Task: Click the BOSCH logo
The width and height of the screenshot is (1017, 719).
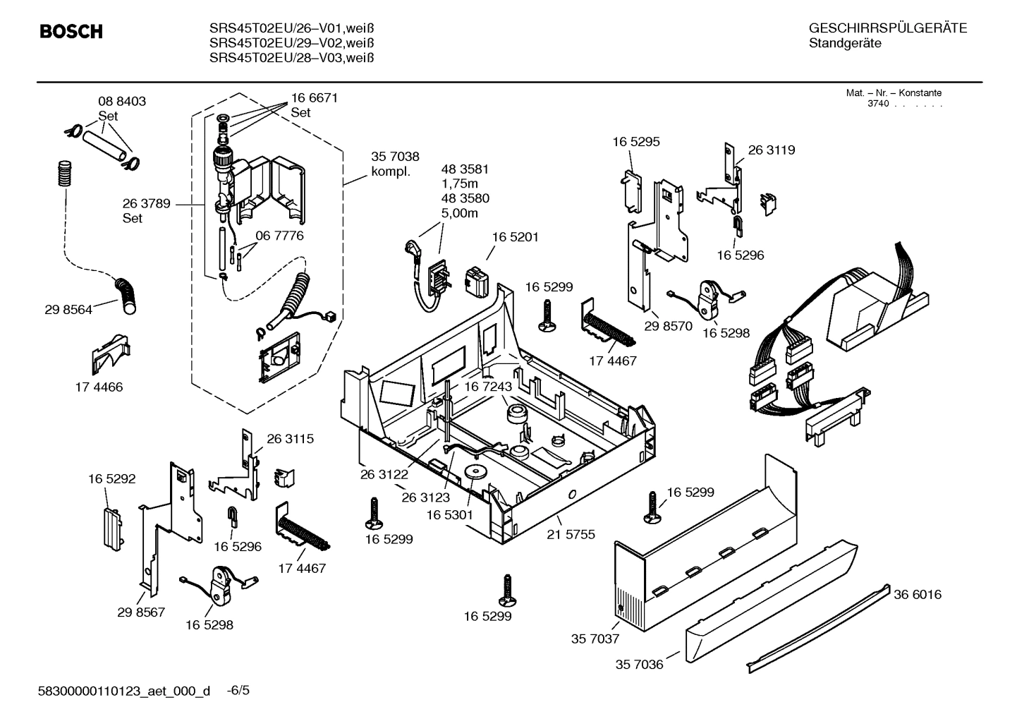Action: pos(71,32)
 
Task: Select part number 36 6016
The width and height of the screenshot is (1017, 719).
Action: pos(917,595)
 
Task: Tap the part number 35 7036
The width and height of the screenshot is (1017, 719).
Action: pos(639,665)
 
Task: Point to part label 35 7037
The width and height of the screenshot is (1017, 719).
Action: pos(595,639)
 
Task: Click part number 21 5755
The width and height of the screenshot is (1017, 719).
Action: pos(571,534)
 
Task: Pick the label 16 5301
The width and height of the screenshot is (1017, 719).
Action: pos(449,515)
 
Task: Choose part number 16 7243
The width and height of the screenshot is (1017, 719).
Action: pos(487,387)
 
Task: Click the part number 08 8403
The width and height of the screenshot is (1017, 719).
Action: pos(122,101)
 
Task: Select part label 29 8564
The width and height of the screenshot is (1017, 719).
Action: pos(68,309)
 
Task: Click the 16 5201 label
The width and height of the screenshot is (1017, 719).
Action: pos(515,237)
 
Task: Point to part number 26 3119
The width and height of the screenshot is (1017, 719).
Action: pos(771,150)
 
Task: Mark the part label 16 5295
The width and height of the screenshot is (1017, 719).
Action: pos(636,141)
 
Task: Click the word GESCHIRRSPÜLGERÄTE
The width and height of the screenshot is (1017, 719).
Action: pos(887,28)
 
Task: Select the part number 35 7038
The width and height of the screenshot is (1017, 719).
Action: pos(395,157)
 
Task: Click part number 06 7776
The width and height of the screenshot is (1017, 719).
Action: pos(279,236)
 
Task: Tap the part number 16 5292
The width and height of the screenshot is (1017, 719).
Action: pos(111,478)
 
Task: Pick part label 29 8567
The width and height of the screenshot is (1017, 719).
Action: pos(141,612)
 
